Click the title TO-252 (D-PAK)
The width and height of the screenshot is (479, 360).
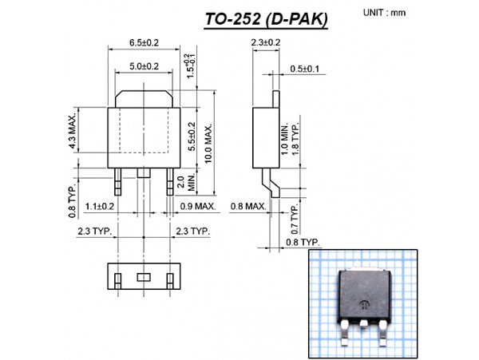coord(266,19)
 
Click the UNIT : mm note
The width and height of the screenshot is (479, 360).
coord(384,13)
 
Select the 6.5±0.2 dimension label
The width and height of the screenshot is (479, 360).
coord(144,42)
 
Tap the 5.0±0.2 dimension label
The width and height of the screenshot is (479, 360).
coord(144,66)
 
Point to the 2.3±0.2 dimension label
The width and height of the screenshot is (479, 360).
coord(266,42)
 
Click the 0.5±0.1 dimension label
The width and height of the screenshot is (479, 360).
coord(304,69)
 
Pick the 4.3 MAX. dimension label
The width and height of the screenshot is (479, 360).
coord(72,132)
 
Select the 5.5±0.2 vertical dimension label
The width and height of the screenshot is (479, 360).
coord(192,136)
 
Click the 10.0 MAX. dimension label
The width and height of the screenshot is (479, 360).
coord(208,144)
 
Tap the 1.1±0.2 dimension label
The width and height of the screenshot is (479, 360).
coord(100,207)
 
